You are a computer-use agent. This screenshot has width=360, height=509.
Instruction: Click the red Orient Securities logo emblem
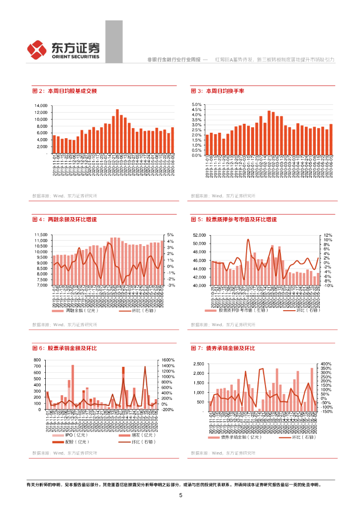(37, 49)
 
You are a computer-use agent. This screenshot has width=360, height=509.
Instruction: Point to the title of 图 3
(218, 91)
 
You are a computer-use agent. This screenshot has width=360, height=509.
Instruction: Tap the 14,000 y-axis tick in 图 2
(40, 106)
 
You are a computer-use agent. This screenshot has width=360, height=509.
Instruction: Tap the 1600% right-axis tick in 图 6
(168, 360)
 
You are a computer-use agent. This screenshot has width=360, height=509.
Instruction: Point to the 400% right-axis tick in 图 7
(327, 364)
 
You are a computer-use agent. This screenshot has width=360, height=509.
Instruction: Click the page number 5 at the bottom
(180, 495)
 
